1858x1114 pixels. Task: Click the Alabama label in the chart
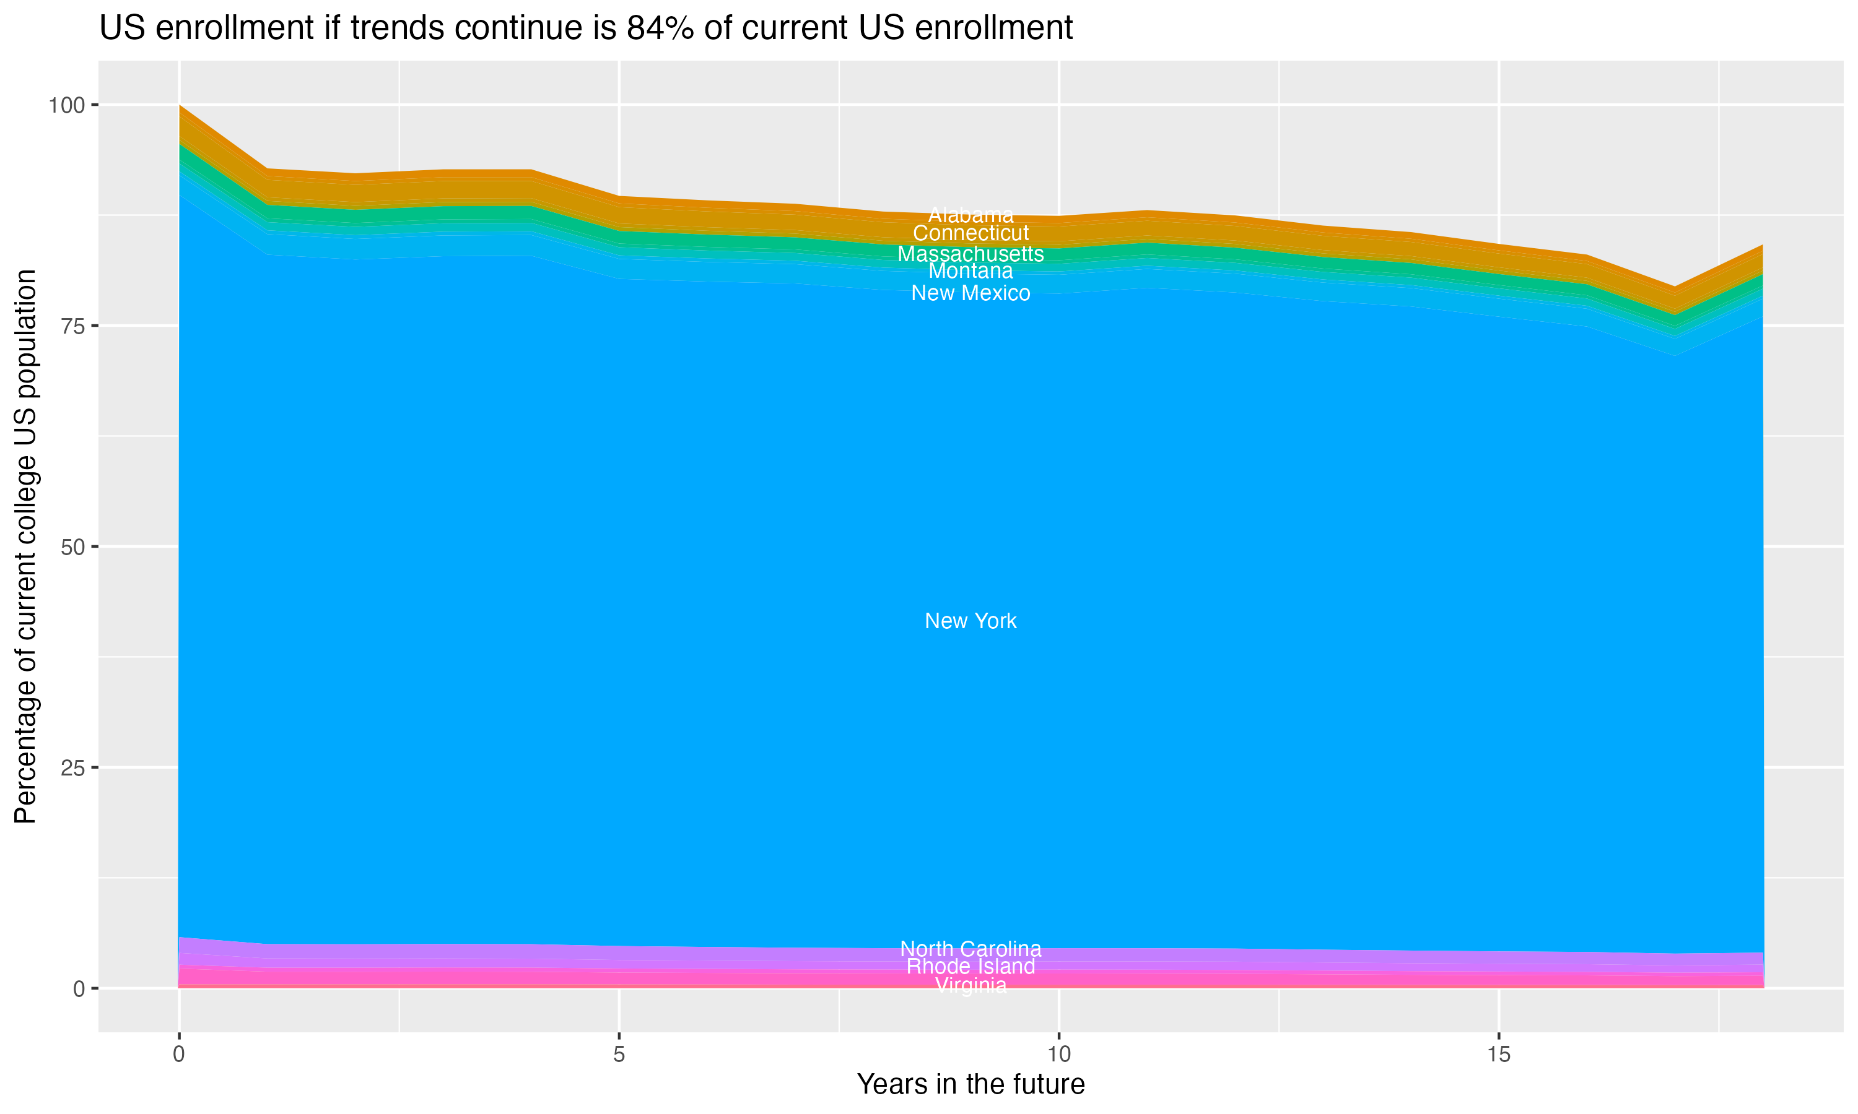pyautogui.click(x=970, y=215)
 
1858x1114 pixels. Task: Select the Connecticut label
pyautogui.click(x=970, y=233)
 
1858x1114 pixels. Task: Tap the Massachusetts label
pyautogui.click(x=970, y=254)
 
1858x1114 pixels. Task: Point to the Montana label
pyautogui.click(x=970, y=271)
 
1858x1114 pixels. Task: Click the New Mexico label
pyautogui.click(x=970, y=293)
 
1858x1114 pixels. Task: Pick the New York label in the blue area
pyautogui.click(x=970, y=621)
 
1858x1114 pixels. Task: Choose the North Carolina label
pyautogui.click(x=970, y=949)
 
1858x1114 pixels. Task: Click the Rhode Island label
pyautogui.click(x=970, y=967)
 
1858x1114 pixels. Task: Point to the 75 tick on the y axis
pyautogui.click(x=73, y=326)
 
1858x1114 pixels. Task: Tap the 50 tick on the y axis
pyautogui.click(x=73, y=546)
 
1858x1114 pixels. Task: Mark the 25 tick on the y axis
pyautogui.click(x=73, y=767)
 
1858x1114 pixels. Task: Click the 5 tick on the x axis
pyautogui.click(x=619, y=1055)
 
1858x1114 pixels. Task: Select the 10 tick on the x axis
pyautogui.click(x=1059, y=1055)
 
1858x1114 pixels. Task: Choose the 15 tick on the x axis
pyautogui.click(x=1499, y=1055)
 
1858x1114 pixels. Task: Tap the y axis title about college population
pyautogui.click(x=25, y=546)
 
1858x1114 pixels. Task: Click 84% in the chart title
pyautogui.click(x=660, y=28)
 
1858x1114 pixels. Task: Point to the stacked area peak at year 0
pyautogui.click(x=180, y=106)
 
